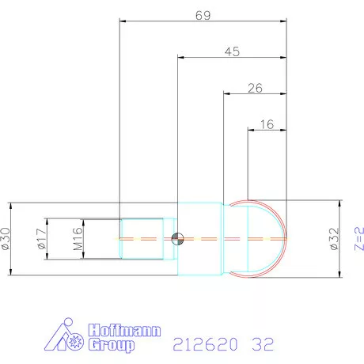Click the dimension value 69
coord(203,14)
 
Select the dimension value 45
coord(232,51)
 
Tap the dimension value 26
coord(255,88)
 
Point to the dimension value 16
coord(267,124)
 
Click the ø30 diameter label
coord(8,237)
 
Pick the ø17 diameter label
coord(42,237)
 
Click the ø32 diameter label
coord(334,237)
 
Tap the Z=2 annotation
coord(358,237)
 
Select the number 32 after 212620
coord(263,344)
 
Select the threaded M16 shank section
coord(142,237)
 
